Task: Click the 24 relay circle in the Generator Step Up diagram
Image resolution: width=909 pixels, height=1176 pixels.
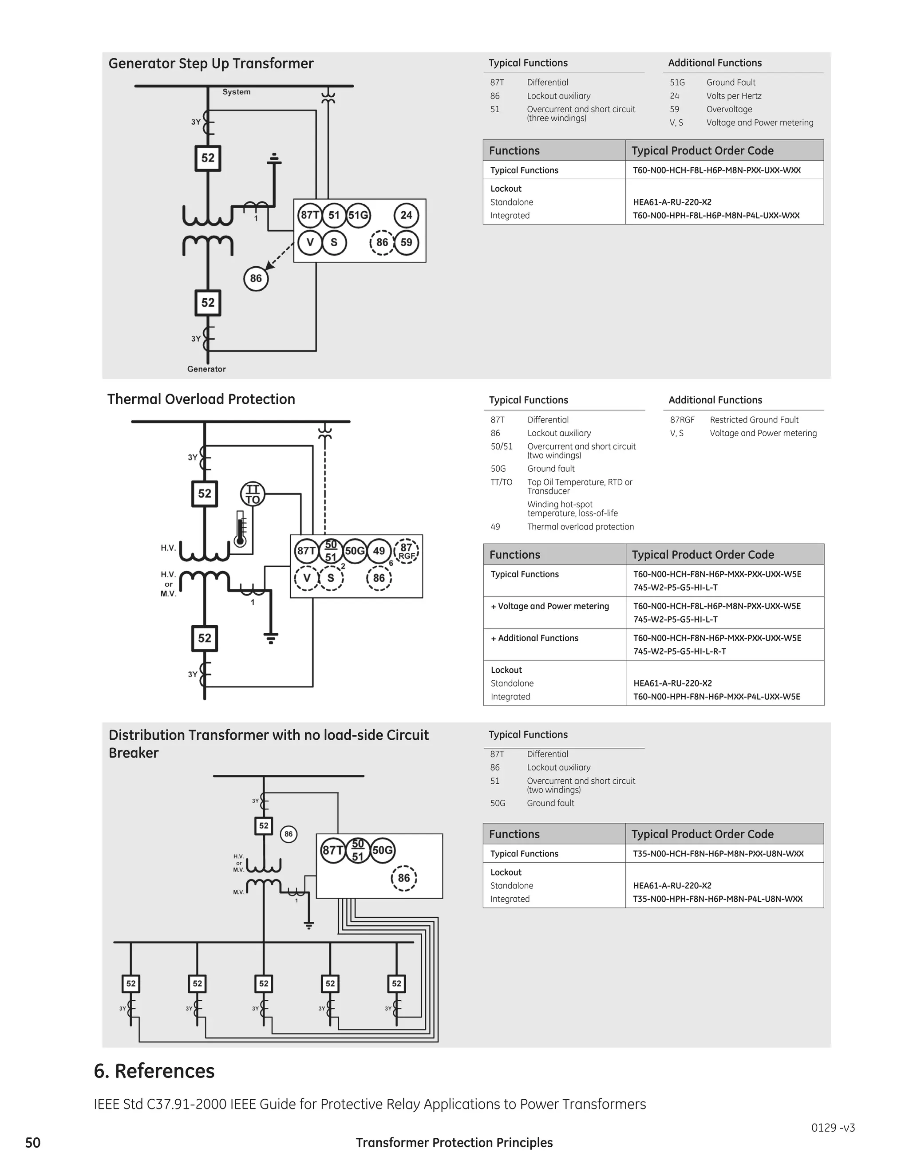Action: (406, 215)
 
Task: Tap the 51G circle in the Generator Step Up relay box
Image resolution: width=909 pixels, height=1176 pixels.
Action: (358, 215)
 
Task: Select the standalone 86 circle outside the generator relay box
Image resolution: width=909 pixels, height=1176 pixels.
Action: (256, 278)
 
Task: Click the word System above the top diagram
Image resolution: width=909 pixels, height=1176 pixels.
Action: (237, 92)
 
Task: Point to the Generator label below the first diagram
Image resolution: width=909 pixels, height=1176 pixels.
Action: (206, 369)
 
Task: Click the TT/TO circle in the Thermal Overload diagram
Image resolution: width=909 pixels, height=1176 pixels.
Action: (253, 494)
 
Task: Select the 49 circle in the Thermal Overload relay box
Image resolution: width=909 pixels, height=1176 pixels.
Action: (379, 551)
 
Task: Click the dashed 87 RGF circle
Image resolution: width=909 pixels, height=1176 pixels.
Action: (407, 551)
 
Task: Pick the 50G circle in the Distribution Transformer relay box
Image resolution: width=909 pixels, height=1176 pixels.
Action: (382, 850)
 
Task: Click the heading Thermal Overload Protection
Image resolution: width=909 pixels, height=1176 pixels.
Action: (202, 399)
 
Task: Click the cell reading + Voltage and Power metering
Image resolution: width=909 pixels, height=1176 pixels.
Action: (550, 606)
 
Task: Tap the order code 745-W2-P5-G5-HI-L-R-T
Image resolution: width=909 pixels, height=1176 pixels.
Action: (680, 651)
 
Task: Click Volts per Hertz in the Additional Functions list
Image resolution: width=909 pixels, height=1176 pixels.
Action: (733, 96)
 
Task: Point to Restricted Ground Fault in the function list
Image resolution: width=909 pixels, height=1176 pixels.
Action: (754, 419)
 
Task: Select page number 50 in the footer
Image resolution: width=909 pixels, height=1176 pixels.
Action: (33, 1143)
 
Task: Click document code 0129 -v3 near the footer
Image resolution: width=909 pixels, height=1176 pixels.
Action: (833, 1128)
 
